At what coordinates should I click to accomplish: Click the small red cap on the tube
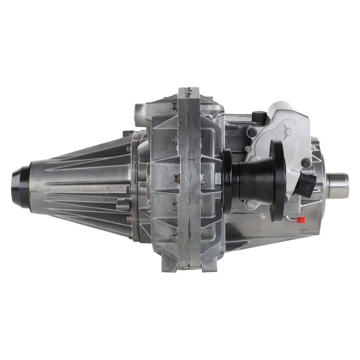301,220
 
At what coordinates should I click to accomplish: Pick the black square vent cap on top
259,117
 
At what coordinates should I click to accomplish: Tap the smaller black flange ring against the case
227,180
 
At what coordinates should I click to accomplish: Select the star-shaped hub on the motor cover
289,132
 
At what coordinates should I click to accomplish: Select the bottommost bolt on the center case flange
174,238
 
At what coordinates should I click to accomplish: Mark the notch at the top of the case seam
188,91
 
